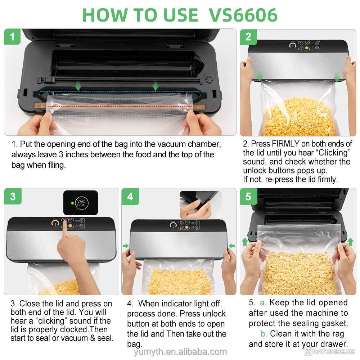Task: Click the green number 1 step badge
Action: tap(12, 37)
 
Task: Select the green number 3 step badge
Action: tap(13, 196)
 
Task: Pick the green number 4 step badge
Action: tap(130, 197)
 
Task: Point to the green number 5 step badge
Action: tap(248, 197)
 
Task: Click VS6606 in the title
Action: tap(243, 15)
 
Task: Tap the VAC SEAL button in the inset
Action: tap(81, 203)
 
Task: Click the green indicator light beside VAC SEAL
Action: tap(72, 203)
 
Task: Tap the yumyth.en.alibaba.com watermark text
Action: tap(180, 352)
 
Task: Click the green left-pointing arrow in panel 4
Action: tap(231, 246)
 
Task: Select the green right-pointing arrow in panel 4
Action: tap(126, 246)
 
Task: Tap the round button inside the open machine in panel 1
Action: tap(209, 80)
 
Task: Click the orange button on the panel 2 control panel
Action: tap(306, 48)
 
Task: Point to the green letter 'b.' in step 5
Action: tap(264, 333)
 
